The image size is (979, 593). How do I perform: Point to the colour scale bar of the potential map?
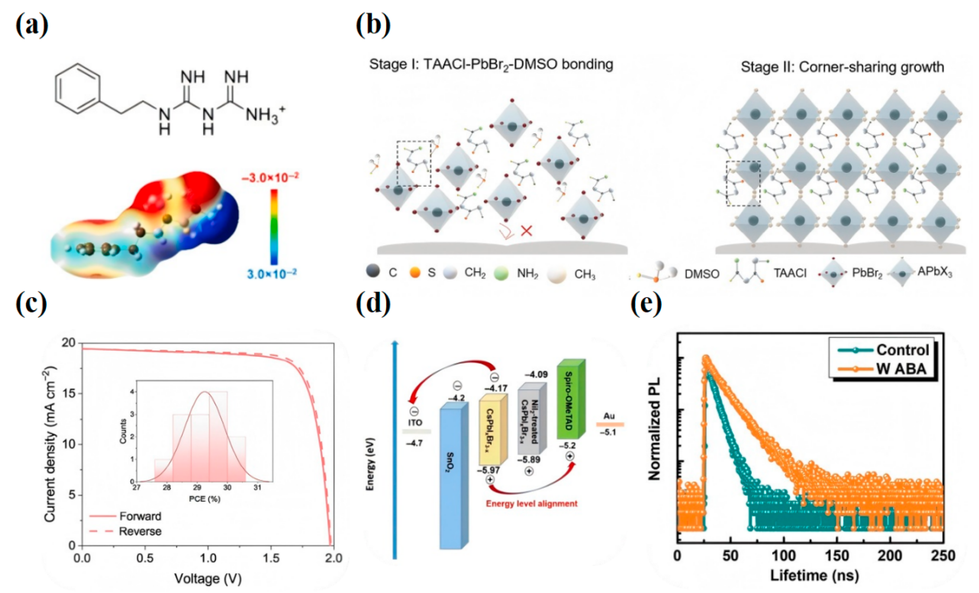click(274, 227)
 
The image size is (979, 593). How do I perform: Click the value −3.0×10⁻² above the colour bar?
click(270, 178)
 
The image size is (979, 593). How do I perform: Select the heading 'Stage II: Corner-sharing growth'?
click(842, 67)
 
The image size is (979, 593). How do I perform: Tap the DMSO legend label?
click(702, 274)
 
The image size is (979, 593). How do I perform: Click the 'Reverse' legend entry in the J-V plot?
click(140, 531)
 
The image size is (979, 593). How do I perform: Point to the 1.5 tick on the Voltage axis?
click(271, 558)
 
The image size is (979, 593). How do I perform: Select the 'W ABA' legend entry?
click(901, 369)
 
